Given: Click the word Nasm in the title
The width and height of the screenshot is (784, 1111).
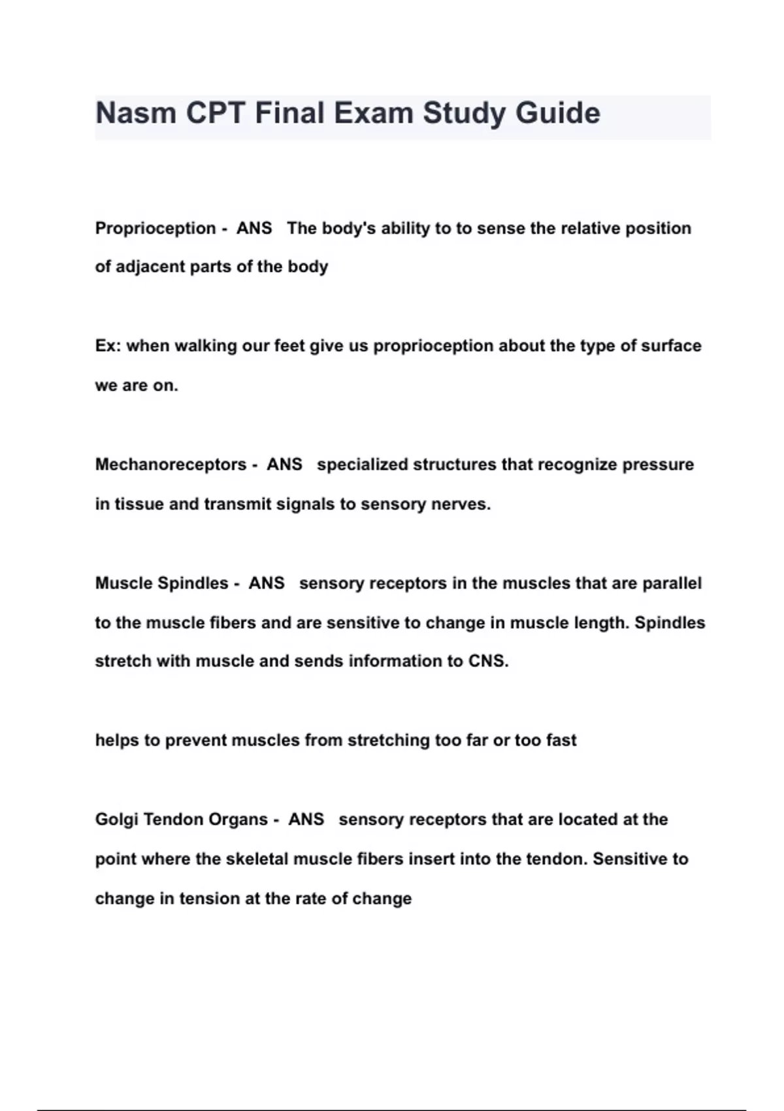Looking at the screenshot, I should (x=135, y=113).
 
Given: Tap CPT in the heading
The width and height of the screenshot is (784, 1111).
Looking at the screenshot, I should (x=215, y=113).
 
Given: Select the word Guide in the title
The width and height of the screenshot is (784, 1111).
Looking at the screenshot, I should (x=557, y=113).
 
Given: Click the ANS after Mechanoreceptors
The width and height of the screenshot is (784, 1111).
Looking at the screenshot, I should (x=284, y=465).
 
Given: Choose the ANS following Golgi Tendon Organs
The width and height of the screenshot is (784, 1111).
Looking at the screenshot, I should (x=306, y=820).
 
